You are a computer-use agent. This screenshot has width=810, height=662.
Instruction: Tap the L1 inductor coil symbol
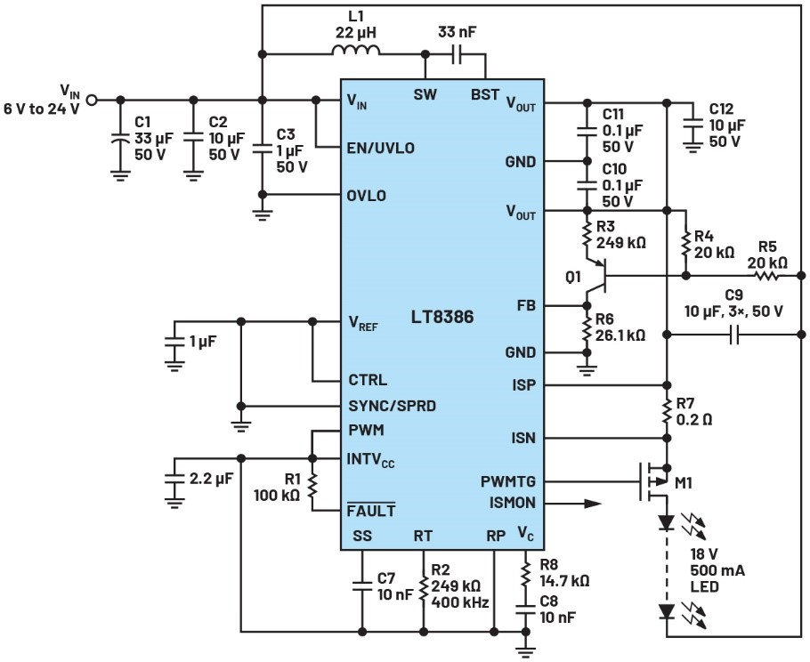click(356, 52)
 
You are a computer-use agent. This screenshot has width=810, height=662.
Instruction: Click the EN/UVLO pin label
click(380, 147)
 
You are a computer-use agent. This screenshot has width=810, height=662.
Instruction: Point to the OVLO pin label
click(368, 196)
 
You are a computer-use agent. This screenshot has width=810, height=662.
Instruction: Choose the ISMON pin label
click(514, 503)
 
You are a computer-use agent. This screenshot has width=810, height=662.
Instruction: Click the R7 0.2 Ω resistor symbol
click(667, 411)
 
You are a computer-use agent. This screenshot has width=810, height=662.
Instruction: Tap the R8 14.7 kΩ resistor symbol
click(525, 573)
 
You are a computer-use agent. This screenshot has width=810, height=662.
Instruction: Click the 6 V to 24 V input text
click(42, 109)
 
